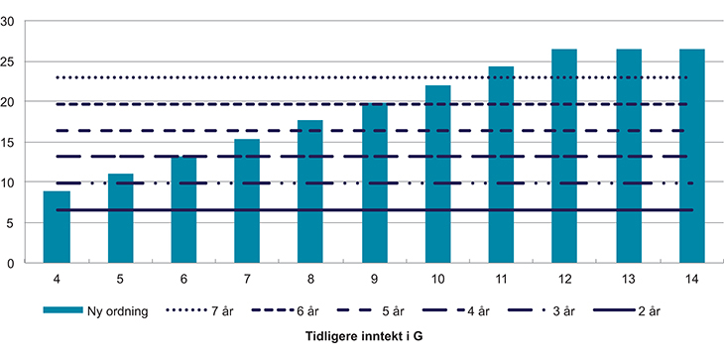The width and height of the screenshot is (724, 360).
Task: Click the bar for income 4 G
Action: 57,227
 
